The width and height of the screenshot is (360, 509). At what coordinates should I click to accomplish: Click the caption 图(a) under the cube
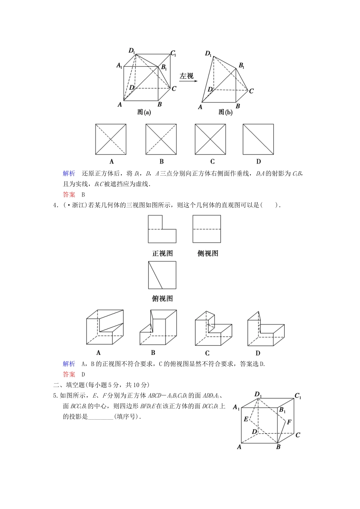click(x=144, y=112)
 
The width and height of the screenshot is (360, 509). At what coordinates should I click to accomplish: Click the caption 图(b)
click(x=225, y=112)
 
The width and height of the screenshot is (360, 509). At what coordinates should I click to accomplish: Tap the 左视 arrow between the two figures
click(x=186, y=77)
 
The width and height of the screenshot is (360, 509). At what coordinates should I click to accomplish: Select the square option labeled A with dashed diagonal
click(x=111, y=139)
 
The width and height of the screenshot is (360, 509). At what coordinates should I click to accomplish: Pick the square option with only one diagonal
click(x=258, y=139)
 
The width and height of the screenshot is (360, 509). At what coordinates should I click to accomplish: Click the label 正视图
click(x=162, y=253)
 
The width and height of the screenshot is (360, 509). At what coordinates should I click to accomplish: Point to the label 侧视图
click(x=208, y=253)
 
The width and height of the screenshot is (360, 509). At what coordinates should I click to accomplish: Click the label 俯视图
click(x=162, y=298)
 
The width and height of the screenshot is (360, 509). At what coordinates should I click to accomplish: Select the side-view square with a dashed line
click(x=207, y=229)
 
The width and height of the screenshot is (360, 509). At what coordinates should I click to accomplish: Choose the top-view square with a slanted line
click(x=162, y=275)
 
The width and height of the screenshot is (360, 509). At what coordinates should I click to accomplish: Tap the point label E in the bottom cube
click(x=246, y=419)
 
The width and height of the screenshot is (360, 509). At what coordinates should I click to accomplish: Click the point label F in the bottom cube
click(x=289, y=422)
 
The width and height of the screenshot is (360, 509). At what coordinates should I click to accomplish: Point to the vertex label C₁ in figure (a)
click(x=173, y=53)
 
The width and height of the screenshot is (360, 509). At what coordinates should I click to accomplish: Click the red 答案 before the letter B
click(x=69, y=195)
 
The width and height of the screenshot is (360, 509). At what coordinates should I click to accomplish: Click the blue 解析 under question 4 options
click(x=69, y=364)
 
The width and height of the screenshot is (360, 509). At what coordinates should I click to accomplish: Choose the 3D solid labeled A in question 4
click(x=105, y=327)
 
